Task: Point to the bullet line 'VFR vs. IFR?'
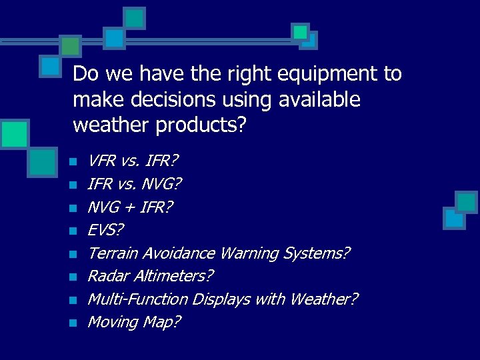click(133, 161)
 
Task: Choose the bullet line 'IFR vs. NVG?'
click(135, 183)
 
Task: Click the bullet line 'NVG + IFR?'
click(130, 207)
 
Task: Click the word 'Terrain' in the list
click(113, 253)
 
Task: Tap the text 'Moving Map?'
click(134, 323)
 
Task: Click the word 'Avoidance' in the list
click(178, 253)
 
